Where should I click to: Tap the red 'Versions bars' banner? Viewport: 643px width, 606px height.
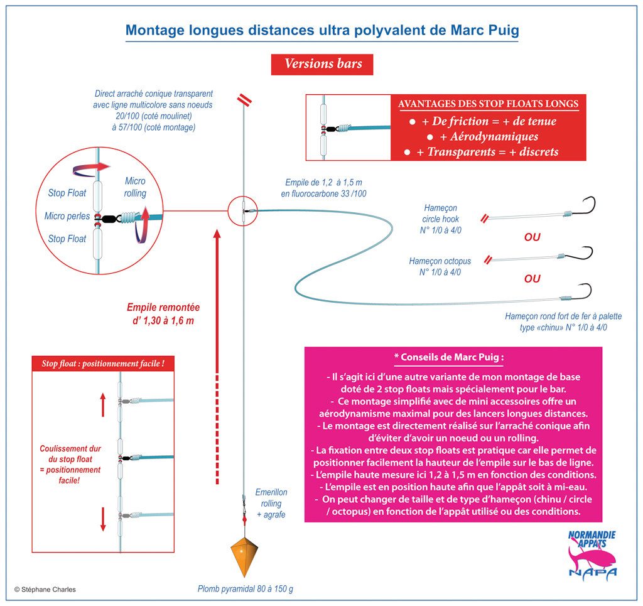coord(322,65)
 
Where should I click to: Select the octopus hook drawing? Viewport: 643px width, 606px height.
coord(579,254)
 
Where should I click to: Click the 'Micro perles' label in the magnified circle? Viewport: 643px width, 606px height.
coord(67,216)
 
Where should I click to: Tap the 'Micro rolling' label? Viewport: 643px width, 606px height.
coord(135,187)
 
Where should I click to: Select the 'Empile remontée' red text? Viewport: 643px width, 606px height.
coord(163,313)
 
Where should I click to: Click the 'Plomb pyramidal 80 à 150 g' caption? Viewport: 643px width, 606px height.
coord(246,589)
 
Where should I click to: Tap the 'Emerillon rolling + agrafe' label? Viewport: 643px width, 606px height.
coord(271,503)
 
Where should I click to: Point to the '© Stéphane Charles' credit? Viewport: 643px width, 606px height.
coord(45,589)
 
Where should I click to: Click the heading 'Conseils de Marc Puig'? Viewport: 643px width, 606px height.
coord(449,357)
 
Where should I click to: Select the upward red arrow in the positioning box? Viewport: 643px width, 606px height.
coord(103,404)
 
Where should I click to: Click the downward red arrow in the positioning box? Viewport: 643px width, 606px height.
coord(103,519)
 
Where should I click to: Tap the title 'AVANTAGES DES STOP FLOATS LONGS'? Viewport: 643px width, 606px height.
coord(488,104)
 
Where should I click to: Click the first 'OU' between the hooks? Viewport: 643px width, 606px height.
coord(532,237)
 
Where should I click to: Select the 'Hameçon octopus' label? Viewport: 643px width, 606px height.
coord(440,261)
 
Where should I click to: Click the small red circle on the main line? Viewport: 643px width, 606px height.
coord(243,211)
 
